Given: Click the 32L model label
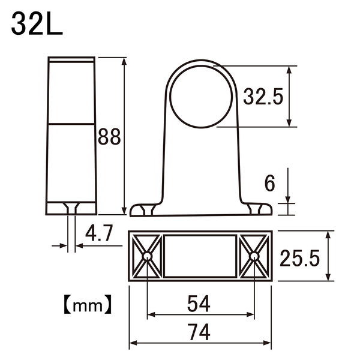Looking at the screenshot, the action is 37,24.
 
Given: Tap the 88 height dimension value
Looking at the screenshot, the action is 109,137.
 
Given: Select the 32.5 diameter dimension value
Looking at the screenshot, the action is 263,97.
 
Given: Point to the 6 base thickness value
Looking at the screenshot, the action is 269,183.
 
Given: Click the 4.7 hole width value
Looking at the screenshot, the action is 99,233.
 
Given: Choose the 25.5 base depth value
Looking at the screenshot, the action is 299,258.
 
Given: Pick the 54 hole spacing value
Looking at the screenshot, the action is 199,304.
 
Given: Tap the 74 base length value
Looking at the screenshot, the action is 199,332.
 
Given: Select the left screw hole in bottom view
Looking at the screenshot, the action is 147,256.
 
